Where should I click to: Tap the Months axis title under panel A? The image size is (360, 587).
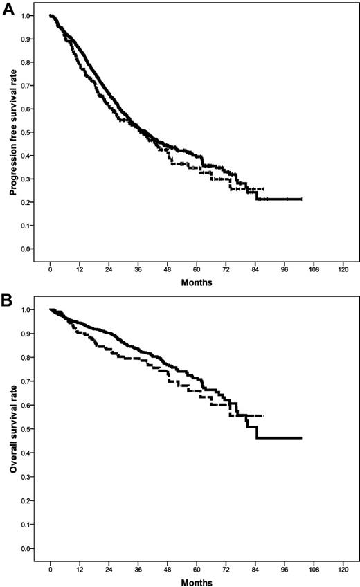coord(196,282)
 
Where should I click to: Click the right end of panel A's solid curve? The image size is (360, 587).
coord(301,199)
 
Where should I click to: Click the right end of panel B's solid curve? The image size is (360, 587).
coord(301,437)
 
